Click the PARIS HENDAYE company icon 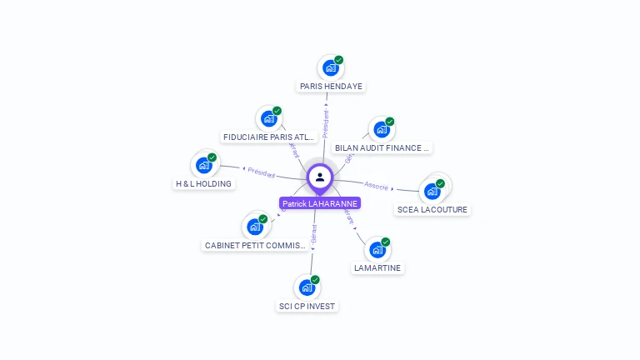(330, 67)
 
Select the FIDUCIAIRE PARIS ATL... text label (268, 137)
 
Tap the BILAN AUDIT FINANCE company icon (381, 129)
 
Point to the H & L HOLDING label (203, 183)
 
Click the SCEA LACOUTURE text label (432, 209)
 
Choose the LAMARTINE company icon (377, 250)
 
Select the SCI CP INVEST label (307, 306)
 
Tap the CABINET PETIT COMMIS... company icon (254, 227)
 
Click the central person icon (320, 177)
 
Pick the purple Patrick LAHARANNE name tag (320, 203)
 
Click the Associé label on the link (377, 186)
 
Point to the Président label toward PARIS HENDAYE (326, 124)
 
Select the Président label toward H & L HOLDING (261, 172)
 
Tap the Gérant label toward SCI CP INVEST (313, 234)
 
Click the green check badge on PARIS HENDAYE (339, 59)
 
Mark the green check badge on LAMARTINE (386, 242)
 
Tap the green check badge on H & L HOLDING (212, 157)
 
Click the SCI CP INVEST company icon (307, 288)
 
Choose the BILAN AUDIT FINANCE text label (382, 148)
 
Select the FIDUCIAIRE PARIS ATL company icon (268, 119)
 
